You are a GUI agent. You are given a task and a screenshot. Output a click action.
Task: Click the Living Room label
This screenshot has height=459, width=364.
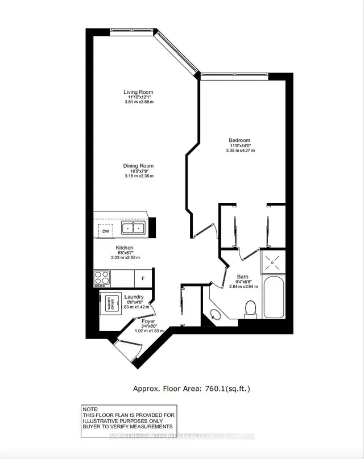[138, 92]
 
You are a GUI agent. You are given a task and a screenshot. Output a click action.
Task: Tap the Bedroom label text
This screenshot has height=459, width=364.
[239, 140]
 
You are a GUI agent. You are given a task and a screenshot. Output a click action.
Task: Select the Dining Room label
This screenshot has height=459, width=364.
[138, 166]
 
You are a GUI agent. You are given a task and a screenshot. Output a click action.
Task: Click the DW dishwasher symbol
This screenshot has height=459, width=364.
[105, 231]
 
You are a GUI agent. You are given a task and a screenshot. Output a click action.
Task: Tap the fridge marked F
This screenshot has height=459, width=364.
[143, 279]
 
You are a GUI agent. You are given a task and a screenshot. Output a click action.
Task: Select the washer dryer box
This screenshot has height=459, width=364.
[108, 302]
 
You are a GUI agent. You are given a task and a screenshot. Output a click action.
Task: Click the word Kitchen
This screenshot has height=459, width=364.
[124, 248]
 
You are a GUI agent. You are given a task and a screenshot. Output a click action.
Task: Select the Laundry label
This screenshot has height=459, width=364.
[134, 297]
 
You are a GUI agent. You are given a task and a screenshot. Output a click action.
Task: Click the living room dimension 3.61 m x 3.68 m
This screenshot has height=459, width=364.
[138, 102]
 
